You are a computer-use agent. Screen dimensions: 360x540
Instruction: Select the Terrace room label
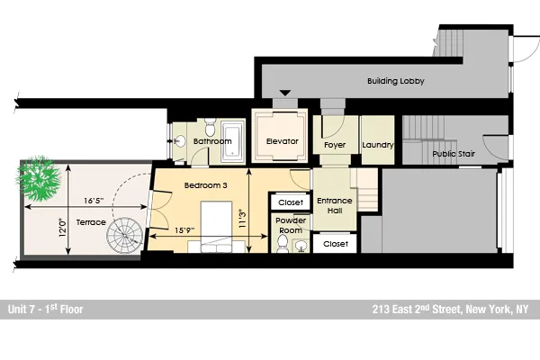tap(90, 221)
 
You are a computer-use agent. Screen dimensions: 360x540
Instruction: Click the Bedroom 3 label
tap(206, 185)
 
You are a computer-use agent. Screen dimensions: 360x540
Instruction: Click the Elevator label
tap(282, 141)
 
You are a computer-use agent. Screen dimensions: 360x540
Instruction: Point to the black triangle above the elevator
tap(285, 93)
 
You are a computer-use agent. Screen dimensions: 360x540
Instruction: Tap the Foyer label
tap(335, 145)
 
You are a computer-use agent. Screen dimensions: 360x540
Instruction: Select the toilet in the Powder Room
tap(283, 246)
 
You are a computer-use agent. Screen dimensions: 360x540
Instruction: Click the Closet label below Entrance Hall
tap(336, 244)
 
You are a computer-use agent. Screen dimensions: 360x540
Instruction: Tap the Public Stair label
tap(453, 153)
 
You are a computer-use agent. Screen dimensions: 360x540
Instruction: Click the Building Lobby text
tap(395, 81)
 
